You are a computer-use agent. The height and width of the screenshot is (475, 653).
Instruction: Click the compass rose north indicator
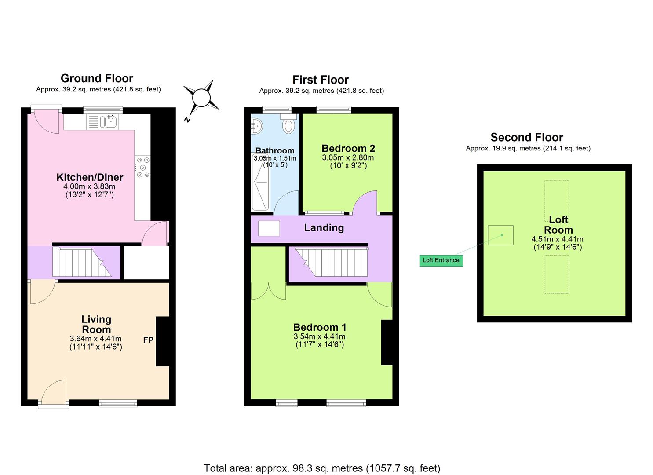(x=201, y=98)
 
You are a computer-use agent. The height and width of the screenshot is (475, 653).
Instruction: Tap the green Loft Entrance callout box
(x=441, y=260)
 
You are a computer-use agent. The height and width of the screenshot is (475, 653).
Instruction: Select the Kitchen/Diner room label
(x=90, y=177)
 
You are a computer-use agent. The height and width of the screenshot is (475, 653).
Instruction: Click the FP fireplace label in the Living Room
(x=148, y=340)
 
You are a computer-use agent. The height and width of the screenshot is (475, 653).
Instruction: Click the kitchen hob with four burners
(x=142, y=168)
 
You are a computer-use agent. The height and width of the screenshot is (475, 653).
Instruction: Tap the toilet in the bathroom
(x=288, y=125)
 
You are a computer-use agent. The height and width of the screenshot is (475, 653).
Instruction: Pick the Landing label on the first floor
(x=324, y=227)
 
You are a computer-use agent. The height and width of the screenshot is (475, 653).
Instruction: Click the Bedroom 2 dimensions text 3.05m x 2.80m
(x=348, y=157)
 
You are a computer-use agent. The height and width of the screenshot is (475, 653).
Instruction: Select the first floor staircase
(x=331, y=262)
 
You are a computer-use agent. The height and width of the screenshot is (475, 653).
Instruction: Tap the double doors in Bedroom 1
(x=268, y=291)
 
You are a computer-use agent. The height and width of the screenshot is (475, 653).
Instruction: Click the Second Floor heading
(x=526, y=137)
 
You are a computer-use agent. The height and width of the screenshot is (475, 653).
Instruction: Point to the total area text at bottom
(x=322, y=468)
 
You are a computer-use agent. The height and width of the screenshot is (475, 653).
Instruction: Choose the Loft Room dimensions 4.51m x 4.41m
(x=557, y=239)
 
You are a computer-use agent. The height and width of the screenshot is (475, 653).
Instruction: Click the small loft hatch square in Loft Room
(x=500, y=235)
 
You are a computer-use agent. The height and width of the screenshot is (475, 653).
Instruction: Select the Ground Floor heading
(x=97, y=78)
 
